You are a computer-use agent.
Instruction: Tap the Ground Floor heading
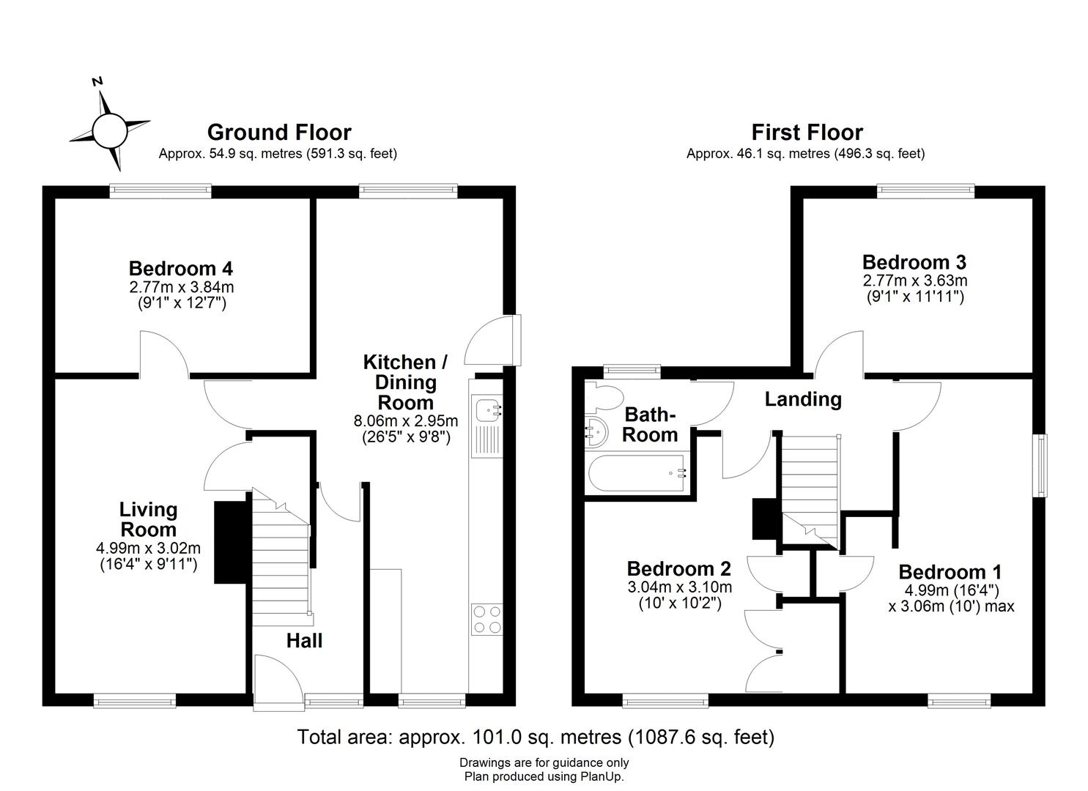coord(279,133)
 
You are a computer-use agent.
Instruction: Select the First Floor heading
coord(807,133)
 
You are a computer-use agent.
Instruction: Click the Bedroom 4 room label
coord(180,268)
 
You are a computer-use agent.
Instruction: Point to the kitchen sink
coord(486,411)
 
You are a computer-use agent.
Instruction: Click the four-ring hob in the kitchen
coord(487,619)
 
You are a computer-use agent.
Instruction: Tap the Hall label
coord(304,641)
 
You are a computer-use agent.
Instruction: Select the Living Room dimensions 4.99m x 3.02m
coord(148,548)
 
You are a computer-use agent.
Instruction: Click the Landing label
coord(803,399)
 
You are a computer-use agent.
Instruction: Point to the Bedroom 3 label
coord(914,262)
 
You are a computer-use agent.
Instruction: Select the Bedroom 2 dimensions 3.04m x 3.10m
coord(679,587)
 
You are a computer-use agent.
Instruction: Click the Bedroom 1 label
coord(950,572)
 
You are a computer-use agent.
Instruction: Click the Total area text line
coord(536,737)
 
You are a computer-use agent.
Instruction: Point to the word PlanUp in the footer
coord(602,776)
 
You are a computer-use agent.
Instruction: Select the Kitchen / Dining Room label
coord(404,382)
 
